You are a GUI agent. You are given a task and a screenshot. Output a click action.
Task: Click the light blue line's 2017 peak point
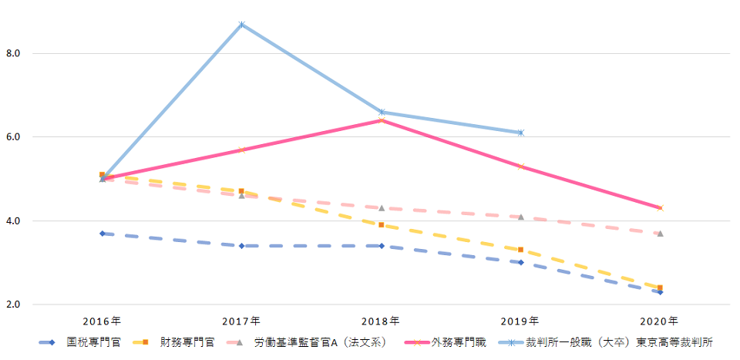(242, 25)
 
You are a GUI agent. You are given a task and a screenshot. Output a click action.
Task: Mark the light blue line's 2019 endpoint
(521, 133)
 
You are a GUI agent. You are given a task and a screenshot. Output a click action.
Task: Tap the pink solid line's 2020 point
(660, 208)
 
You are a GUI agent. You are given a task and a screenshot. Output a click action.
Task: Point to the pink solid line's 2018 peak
(382, 120)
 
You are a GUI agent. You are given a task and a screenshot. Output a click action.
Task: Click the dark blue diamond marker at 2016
(103, 234)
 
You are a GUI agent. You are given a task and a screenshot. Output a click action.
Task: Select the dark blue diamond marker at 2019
(521, 262)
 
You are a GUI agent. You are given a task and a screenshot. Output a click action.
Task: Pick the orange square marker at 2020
(660, 288)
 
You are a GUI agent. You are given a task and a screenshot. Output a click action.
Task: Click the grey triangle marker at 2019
(521, 217)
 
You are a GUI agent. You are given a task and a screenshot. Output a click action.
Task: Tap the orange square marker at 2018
(382, 225)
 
